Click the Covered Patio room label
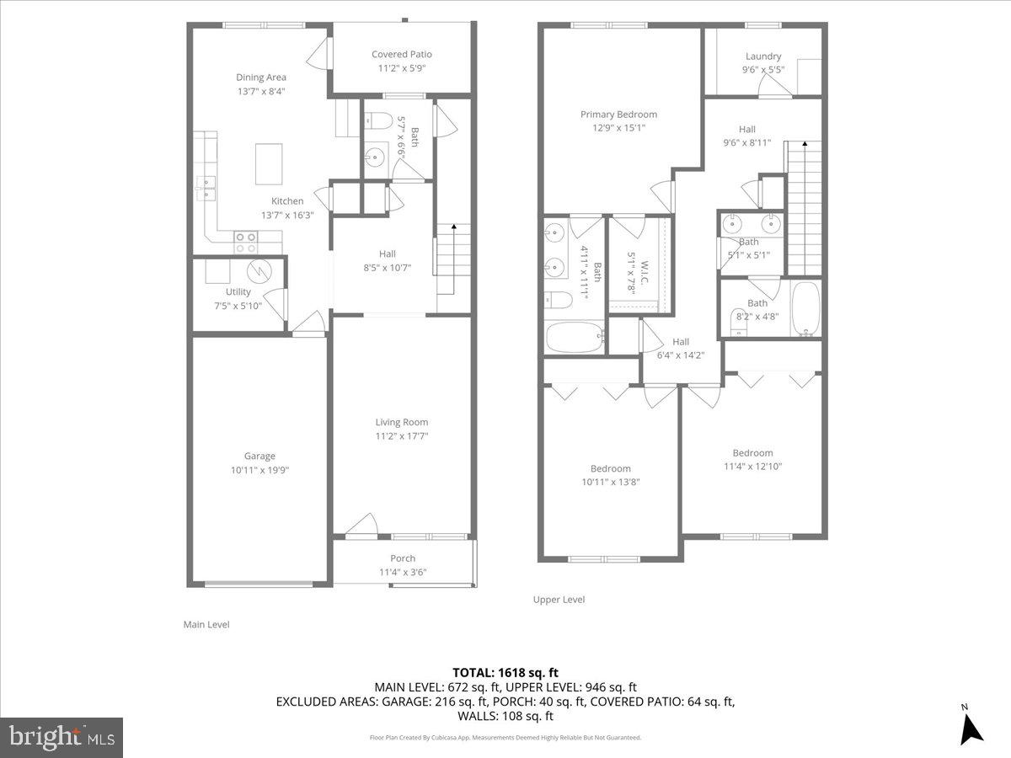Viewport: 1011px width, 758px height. pyautogui.click(x=402, y=55)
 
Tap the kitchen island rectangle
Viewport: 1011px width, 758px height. pyautogui.click(x=269, y=163)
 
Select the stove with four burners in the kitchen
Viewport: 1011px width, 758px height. pyautogui.click(x=246, y=243)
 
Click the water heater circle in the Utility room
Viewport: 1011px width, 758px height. pyautogui.click(x=259, y=270)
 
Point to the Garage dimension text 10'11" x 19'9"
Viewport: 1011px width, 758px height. pyautogui.click(x=259, y=470)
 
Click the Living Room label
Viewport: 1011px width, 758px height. pyautogui.click(x=402, y=422)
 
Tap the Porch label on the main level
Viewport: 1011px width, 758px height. pyautogui.click(x=403, y=558)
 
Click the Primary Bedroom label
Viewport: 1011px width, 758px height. pyautogui.click(x=618, y=115)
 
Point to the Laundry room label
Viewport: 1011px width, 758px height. pyautogui.click(x=763, y=56)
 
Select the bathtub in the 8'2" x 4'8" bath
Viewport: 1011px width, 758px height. pyautogui.click(x=806, y=307)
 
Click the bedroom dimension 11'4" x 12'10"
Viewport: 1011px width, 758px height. pyautogui.click(x=752, y=466)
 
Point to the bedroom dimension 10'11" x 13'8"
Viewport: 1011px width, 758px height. pyautogui.click(x=610, y=482)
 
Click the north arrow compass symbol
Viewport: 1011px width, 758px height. pyautogui.click(x=971, y=727)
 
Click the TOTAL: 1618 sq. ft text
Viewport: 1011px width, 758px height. pyautogui.click(x=505, y=672)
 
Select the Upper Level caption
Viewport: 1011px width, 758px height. pyautogui.click(x=559, y=600)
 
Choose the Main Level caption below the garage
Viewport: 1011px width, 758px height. pyautogui.click(x=206, y=624)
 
